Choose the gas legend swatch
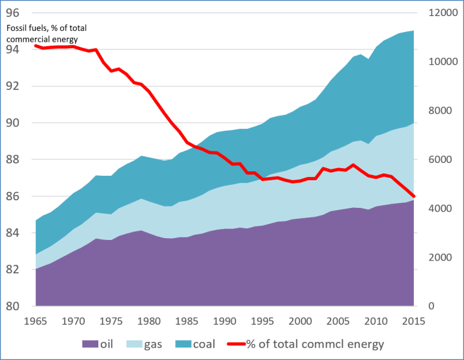(x=137, y=345)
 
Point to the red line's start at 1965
(x=36, y=46)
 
